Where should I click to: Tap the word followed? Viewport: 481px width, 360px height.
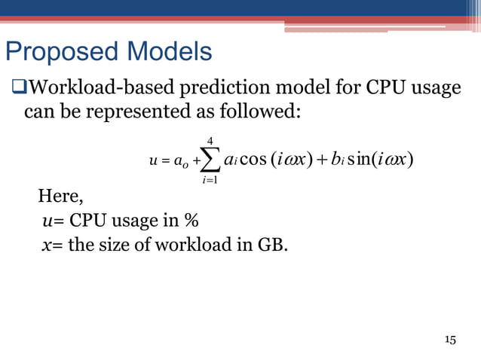[x=267, y=112]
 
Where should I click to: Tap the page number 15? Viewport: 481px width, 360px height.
[x=450, y=340]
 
